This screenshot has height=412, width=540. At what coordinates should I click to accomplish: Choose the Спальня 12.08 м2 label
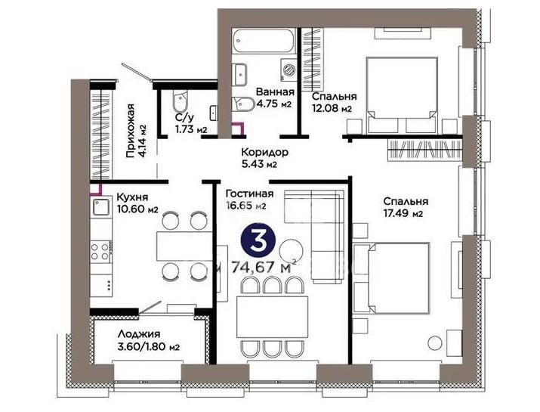click(333, 102)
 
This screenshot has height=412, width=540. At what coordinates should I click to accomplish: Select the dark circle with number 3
click(258, 242)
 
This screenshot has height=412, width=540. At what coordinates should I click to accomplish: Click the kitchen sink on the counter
click(99, 209)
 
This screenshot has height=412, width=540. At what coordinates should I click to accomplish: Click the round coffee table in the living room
click(290, 249)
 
